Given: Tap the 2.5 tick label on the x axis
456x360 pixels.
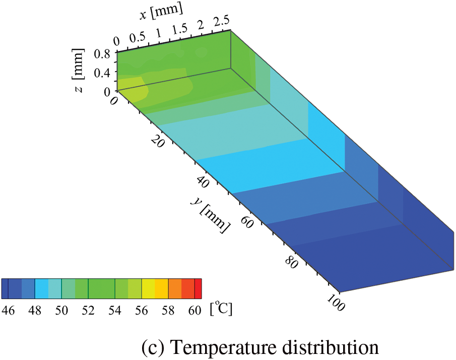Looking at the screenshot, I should point(222,21).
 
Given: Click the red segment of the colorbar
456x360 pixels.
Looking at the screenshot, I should point(198,288).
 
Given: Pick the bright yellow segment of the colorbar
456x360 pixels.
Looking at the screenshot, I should point(149,288).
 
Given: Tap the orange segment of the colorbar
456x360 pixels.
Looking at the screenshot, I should point(175,288).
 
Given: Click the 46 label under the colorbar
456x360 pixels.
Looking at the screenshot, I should point(9,310).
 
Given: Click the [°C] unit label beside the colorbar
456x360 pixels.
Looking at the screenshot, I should point(221,309).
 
